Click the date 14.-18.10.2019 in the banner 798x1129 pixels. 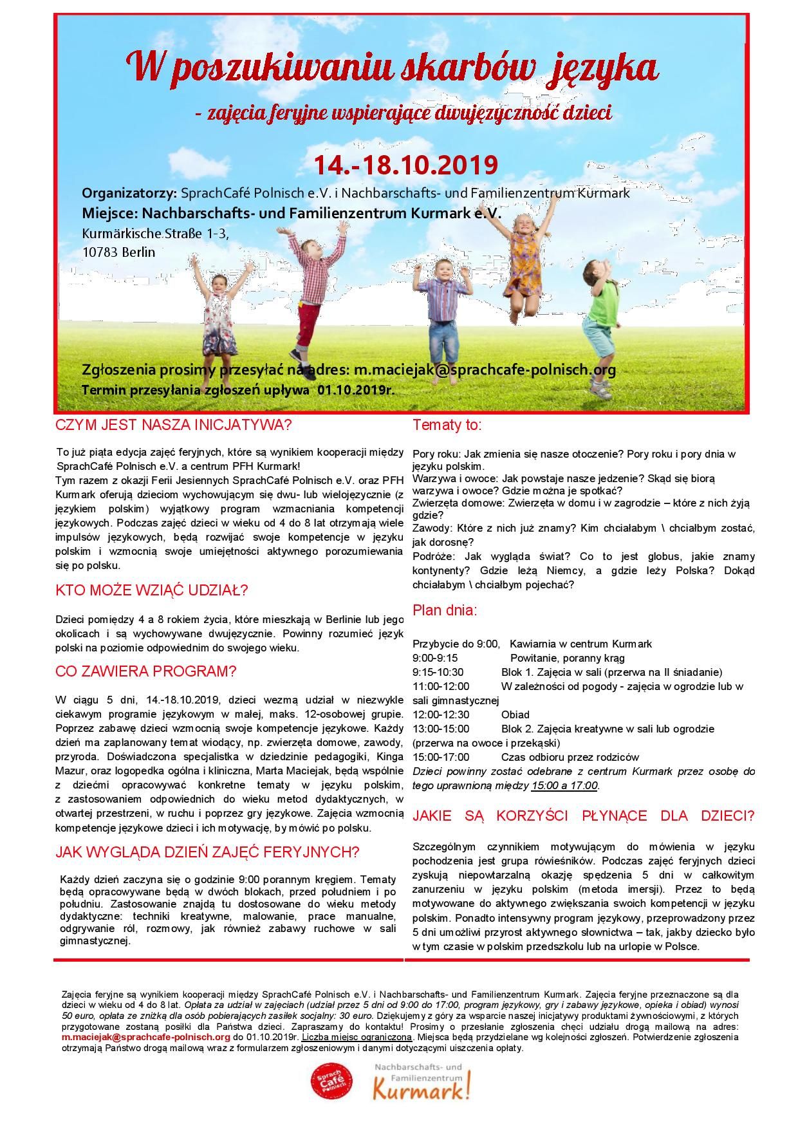coord(405,165)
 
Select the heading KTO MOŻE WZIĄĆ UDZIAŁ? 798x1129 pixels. coord(152,590)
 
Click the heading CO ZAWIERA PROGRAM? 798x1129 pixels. coord(146,671)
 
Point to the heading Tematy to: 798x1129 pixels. coord(447,425)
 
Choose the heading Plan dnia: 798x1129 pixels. coord(445,610)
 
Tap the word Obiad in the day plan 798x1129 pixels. coord(515,714)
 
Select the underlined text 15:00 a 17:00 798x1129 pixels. coord(564,786)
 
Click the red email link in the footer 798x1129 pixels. coord(146,1037)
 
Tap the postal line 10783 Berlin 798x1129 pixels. coord(119,252)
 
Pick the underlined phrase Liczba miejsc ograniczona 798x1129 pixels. coord(357,1037)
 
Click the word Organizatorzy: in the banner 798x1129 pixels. coord(129,193)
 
